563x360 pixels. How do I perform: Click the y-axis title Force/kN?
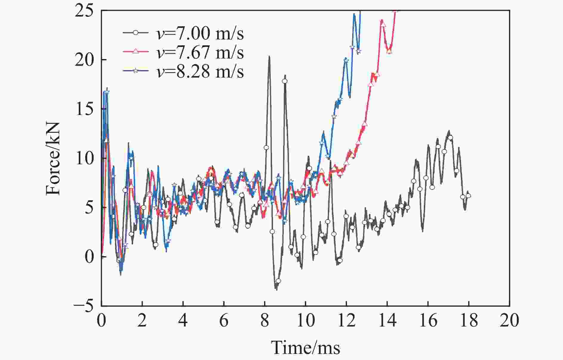[54, 158]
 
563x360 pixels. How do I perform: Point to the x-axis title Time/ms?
[305, 348]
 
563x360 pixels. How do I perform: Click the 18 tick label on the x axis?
[469, 321]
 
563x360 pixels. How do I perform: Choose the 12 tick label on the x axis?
[346, 321]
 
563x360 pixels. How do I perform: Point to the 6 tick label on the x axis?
[224, 321]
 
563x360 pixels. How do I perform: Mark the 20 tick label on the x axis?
[509, 321]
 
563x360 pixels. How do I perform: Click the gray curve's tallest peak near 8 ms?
[269, 57]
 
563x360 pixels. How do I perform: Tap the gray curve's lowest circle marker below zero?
[278, 281]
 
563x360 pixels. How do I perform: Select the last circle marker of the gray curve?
[468, 196]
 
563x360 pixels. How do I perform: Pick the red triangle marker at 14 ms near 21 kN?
[389, 51]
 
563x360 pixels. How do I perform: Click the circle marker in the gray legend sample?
[136, 33]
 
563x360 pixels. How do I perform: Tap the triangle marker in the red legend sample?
[136, 52]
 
